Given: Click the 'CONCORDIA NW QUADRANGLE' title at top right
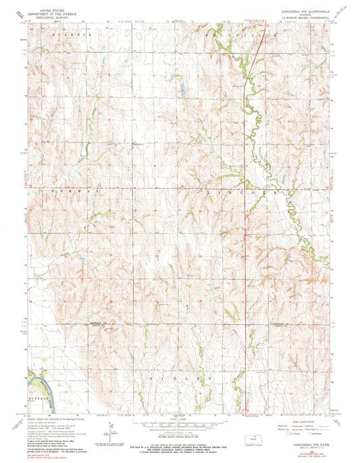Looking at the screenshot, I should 294,11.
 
